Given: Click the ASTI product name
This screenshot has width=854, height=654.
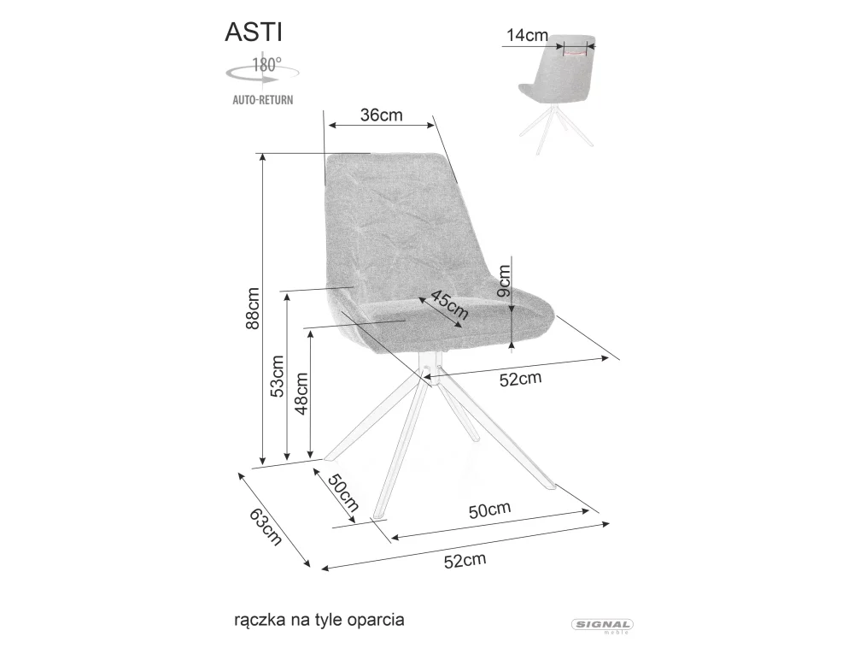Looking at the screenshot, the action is click(x=254, y=32).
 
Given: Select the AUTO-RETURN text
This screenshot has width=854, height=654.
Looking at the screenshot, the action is click(x=263, y=100).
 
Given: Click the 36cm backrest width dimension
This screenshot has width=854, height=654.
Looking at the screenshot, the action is click(x=381, y=115).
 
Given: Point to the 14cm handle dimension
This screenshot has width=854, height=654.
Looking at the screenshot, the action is click(x=527, y=35).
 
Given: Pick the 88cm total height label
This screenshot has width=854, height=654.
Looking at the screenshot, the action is click(x=253, y=309).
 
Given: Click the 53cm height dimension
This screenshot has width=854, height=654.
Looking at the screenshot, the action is click(x=278, y=376).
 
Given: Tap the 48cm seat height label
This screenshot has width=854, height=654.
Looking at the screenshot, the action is click(x=301, y=393).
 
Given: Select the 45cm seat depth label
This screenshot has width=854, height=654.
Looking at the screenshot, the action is click(x=449, y=304).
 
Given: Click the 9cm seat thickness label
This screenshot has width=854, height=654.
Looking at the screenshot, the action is click(x=505, y=280).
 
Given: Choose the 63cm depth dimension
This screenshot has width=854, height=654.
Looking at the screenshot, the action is click(x=266, y=527).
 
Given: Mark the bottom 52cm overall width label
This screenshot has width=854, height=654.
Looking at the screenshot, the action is click(x=465, y=560).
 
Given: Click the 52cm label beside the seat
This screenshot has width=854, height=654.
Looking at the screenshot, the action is click(x=521, y=378).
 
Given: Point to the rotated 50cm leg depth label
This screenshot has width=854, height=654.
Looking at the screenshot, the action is click(x=343, y=492).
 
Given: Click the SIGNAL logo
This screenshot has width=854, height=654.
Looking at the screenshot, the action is click(x=602, y=626).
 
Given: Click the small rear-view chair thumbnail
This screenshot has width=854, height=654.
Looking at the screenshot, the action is click(x=558, y=94).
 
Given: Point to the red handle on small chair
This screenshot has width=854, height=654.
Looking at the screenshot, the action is click(x=576, y=53).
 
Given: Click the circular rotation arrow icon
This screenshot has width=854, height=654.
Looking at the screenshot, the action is click(x=262, y=74).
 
